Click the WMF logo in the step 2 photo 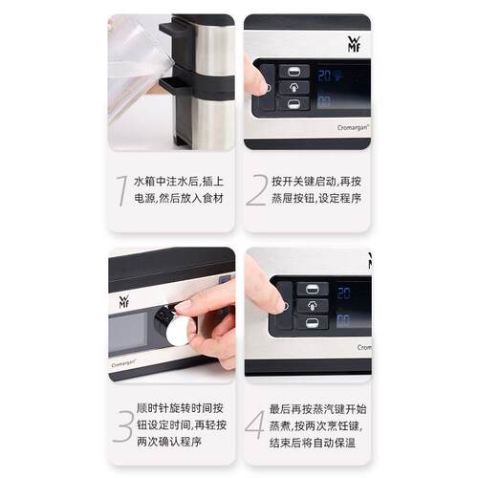(x=354, y=44)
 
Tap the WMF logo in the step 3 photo (x=123, y=301)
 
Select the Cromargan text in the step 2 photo (x=353, y=127)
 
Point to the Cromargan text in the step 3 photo (x=123, y=363)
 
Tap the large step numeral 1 (x=121, y=190)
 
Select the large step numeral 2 (x=257, y=190)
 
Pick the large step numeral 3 (x=122, y=425)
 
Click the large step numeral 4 (x=255, y=424)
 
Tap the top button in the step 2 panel (x=294, y=72)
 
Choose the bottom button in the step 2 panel (x=293, y=104)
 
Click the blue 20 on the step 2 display (x=324, y=76)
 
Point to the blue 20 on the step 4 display (x=344, y=293)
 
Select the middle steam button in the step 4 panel (x=313, y=306)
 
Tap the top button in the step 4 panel (x=313, y=290)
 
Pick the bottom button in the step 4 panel (x=313, y=322)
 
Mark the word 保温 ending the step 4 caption (x=345, y=443)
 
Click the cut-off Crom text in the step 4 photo (x=364, y=347)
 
